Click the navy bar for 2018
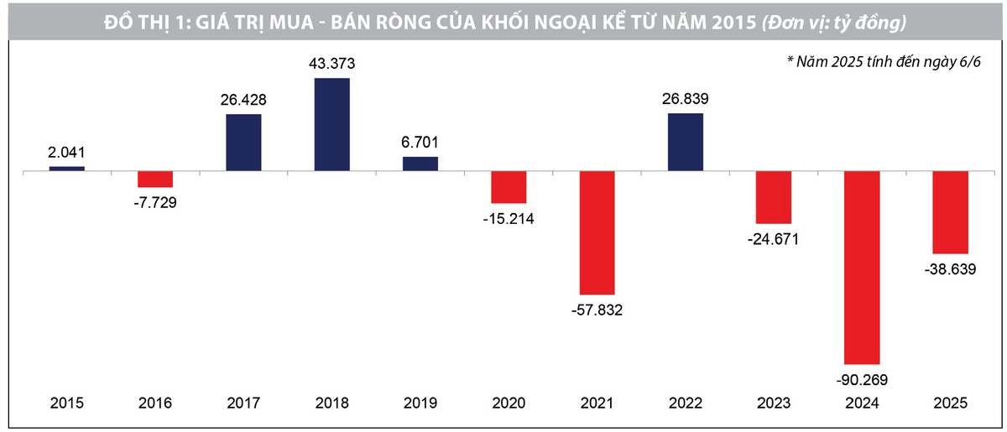coord(331,124)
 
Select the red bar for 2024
coord(862,267)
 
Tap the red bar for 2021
coord(597,232)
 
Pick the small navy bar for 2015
coord(66,169)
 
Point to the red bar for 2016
coord(155,179)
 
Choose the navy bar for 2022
coord(686,142)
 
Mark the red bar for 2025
coord(950,212)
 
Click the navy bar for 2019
coord(420,164)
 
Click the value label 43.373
coord(332,64)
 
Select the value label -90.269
coord(861,379)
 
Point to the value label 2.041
coord(66,153)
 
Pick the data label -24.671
coord(773,239)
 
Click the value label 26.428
coord(243,100)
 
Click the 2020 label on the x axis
coord(509,403)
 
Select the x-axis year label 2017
coord(243,403)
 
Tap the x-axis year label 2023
coord(773,403)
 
